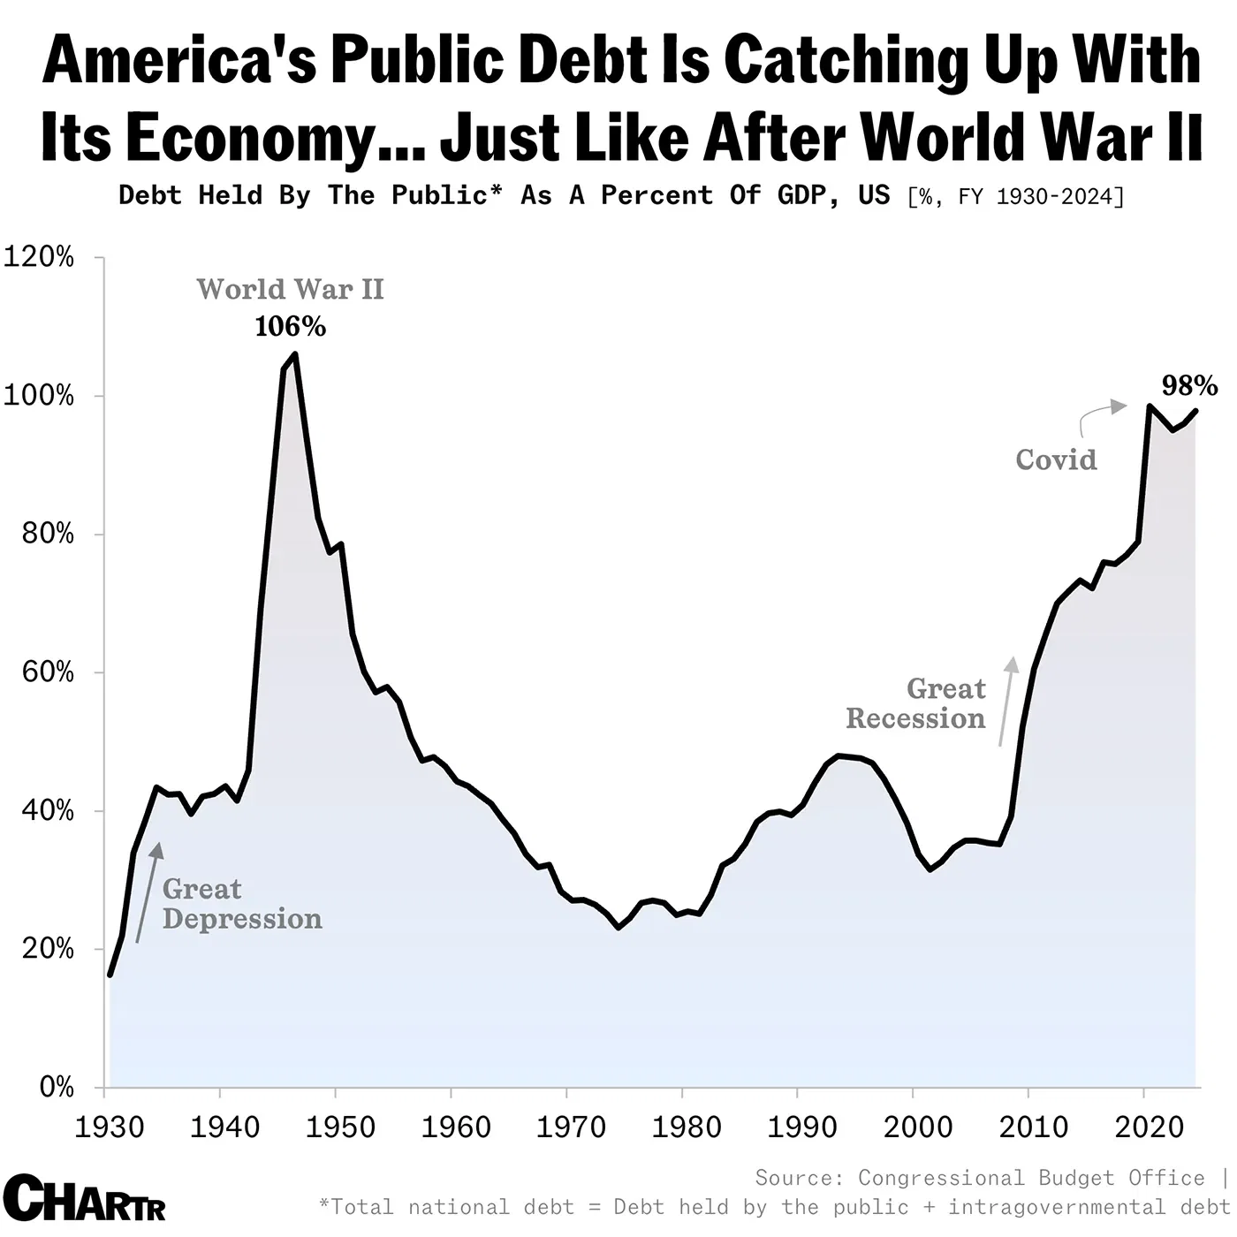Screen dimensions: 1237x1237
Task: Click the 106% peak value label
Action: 290,327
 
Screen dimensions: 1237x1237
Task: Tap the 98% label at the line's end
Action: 1188,385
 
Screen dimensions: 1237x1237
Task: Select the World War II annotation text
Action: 290,289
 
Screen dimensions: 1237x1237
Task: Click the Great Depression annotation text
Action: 241,904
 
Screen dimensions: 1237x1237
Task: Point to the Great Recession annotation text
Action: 916,703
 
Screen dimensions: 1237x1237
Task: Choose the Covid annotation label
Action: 1056,459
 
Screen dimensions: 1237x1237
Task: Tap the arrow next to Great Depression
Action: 148,892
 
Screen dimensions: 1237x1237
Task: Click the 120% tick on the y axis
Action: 40,257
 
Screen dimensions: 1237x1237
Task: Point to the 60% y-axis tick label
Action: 40,672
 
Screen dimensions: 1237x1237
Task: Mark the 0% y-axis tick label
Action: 56,1087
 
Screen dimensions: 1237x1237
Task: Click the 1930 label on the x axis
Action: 110,1127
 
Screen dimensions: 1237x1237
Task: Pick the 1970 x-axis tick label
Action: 571,1127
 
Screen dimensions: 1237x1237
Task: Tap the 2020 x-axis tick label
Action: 1149,1127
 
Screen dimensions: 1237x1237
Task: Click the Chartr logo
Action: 85,1198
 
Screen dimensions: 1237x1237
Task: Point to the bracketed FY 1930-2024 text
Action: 1015,196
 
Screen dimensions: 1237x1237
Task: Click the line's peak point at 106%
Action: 294,354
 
